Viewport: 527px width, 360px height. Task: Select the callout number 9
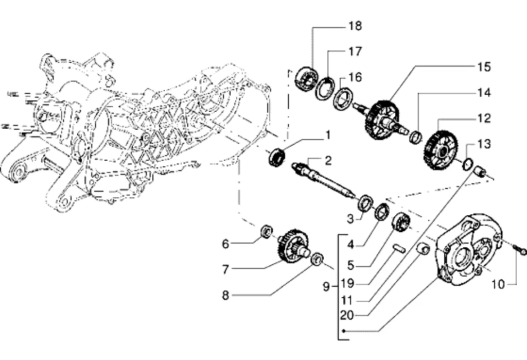point(326,286)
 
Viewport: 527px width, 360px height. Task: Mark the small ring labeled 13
point(467,164)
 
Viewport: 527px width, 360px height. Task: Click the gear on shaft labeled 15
point(380,119)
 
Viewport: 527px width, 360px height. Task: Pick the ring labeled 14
point(416,137)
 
